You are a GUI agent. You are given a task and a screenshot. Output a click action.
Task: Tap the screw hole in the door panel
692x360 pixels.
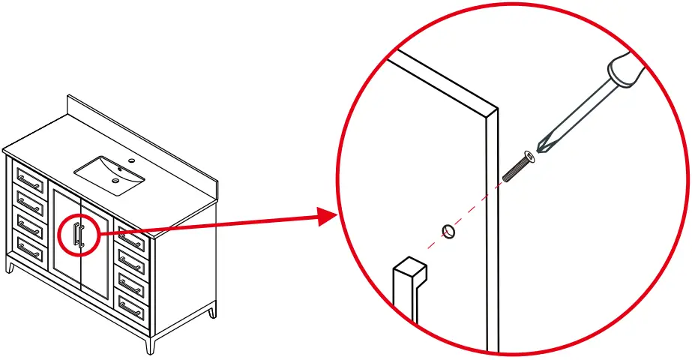tap(448, 232)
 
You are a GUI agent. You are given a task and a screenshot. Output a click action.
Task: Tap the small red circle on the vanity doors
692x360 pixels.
tap(79, 234)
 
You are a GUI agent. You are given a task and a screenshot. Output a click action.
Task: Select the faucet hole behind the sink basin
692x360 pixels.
tap(132, 160)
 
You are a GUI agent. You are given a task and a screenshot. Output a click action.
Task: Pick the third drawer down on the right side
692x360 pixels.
tap(132, 284)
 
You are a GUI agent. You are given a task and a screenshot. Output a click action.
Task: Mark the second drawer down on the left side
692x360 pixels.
tap(31, 202)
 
